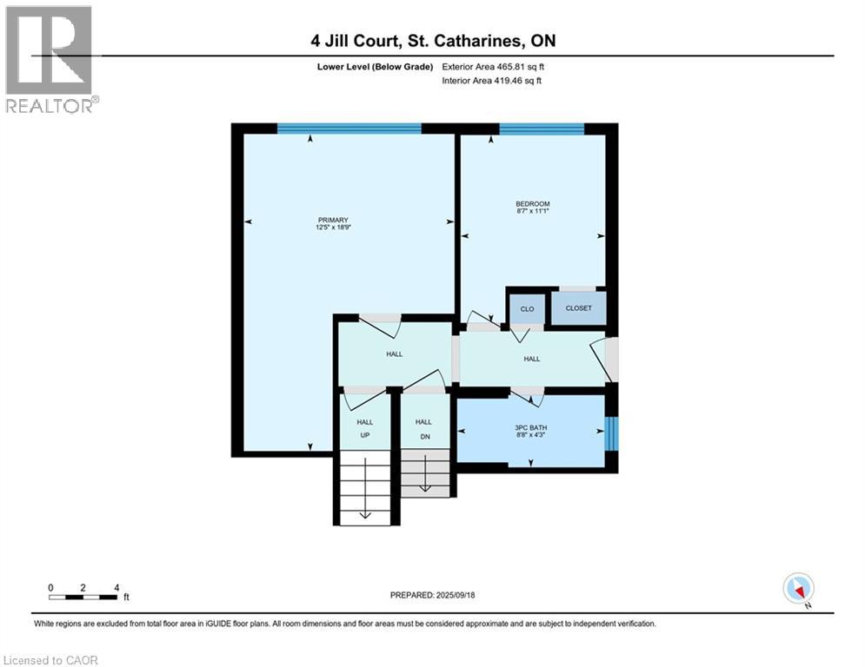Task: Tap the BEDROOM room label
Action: coord(532,204)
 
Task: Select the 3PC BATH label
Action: coord(532,427)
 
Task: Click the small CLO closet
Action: coord(527,308)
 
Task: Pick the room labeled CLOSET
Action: coord(578,308)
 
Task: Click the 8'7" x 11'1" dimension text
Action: coord(532,211)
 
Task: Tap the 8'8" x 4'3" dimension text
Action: coord(532,435)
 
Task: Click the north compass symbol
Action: coord(797,588)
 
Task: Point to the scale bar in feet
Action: coord(83,596)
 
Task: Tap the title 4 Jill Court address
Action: coord(432,41)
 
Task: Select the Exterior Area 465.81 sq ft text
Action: coord(493,66)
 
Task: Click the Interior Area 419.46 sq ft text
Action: coord(493,81)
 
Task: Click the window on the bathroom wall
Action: coord(611,433)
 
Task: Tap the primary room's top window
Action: coord(349,129)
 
